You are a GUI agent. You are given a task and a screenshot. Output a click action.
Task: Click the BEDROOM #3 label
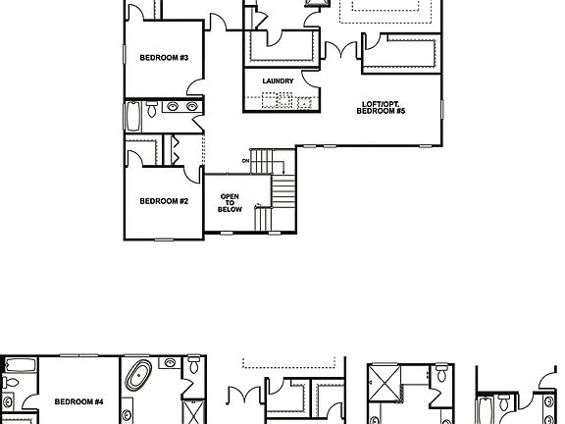[163, 57]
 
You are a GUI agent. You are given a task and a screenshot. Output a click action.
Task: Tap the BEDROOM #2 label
[163, 201]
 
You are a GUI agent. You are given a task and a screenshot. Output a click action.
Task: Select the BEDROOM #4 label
[79, 401]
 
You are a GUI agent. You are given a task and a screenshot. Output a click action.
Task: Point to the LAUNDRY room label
[278, 80]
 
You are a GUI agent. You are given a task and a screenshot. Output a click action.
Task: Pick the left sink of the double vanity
[173, 107]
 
